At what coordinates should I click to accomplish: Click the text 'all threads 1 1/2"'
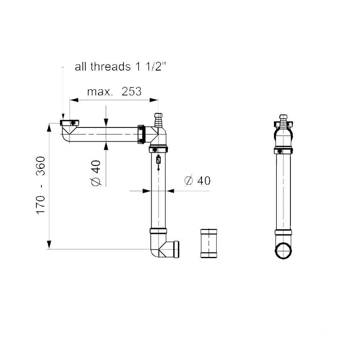[120, 67]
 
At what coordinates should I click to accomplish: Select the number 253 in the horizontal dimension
[131, 91]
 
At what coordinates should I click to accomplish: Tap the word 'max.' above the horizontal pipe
[100, 92]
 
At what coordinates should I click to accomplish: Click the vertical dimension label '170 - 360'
[41, 185]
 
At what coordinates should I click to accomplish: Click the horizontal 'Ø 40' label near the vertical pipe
[197, 181]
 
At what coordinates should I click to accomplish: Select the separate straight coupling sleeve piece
[209, 243]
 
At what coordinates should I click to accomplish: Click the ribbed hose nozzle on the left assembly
[158, 120]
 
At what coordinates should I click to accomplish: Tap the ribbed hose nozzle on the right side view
[283, 121]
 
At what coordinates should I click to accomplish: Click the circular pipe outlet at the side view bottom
[283, 251]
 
